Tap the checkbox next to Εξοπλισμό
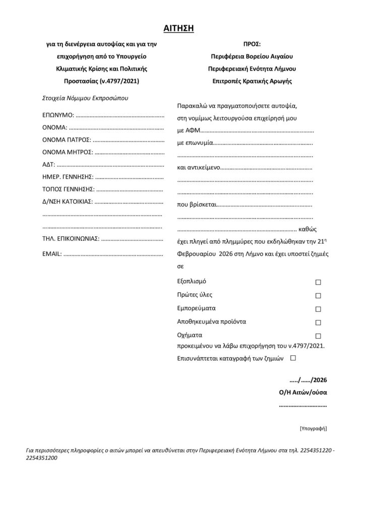tap(318, 282)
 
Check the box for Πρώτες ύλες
tap(318, 296)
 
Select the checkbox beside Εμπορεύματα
tap(318, 309)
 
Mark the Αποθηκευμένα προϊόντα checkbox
tap(318, 322)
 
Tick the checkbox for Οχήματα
tap(318, 336)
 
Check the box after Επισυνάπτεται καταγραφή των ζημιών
tap(293, 358)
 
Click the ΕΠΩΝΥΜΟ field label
tap(58, 115)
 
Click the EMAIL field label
tap(52, 253)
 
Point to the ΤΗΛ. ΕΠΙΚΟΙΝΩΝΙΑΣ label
tap(71, 238)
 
